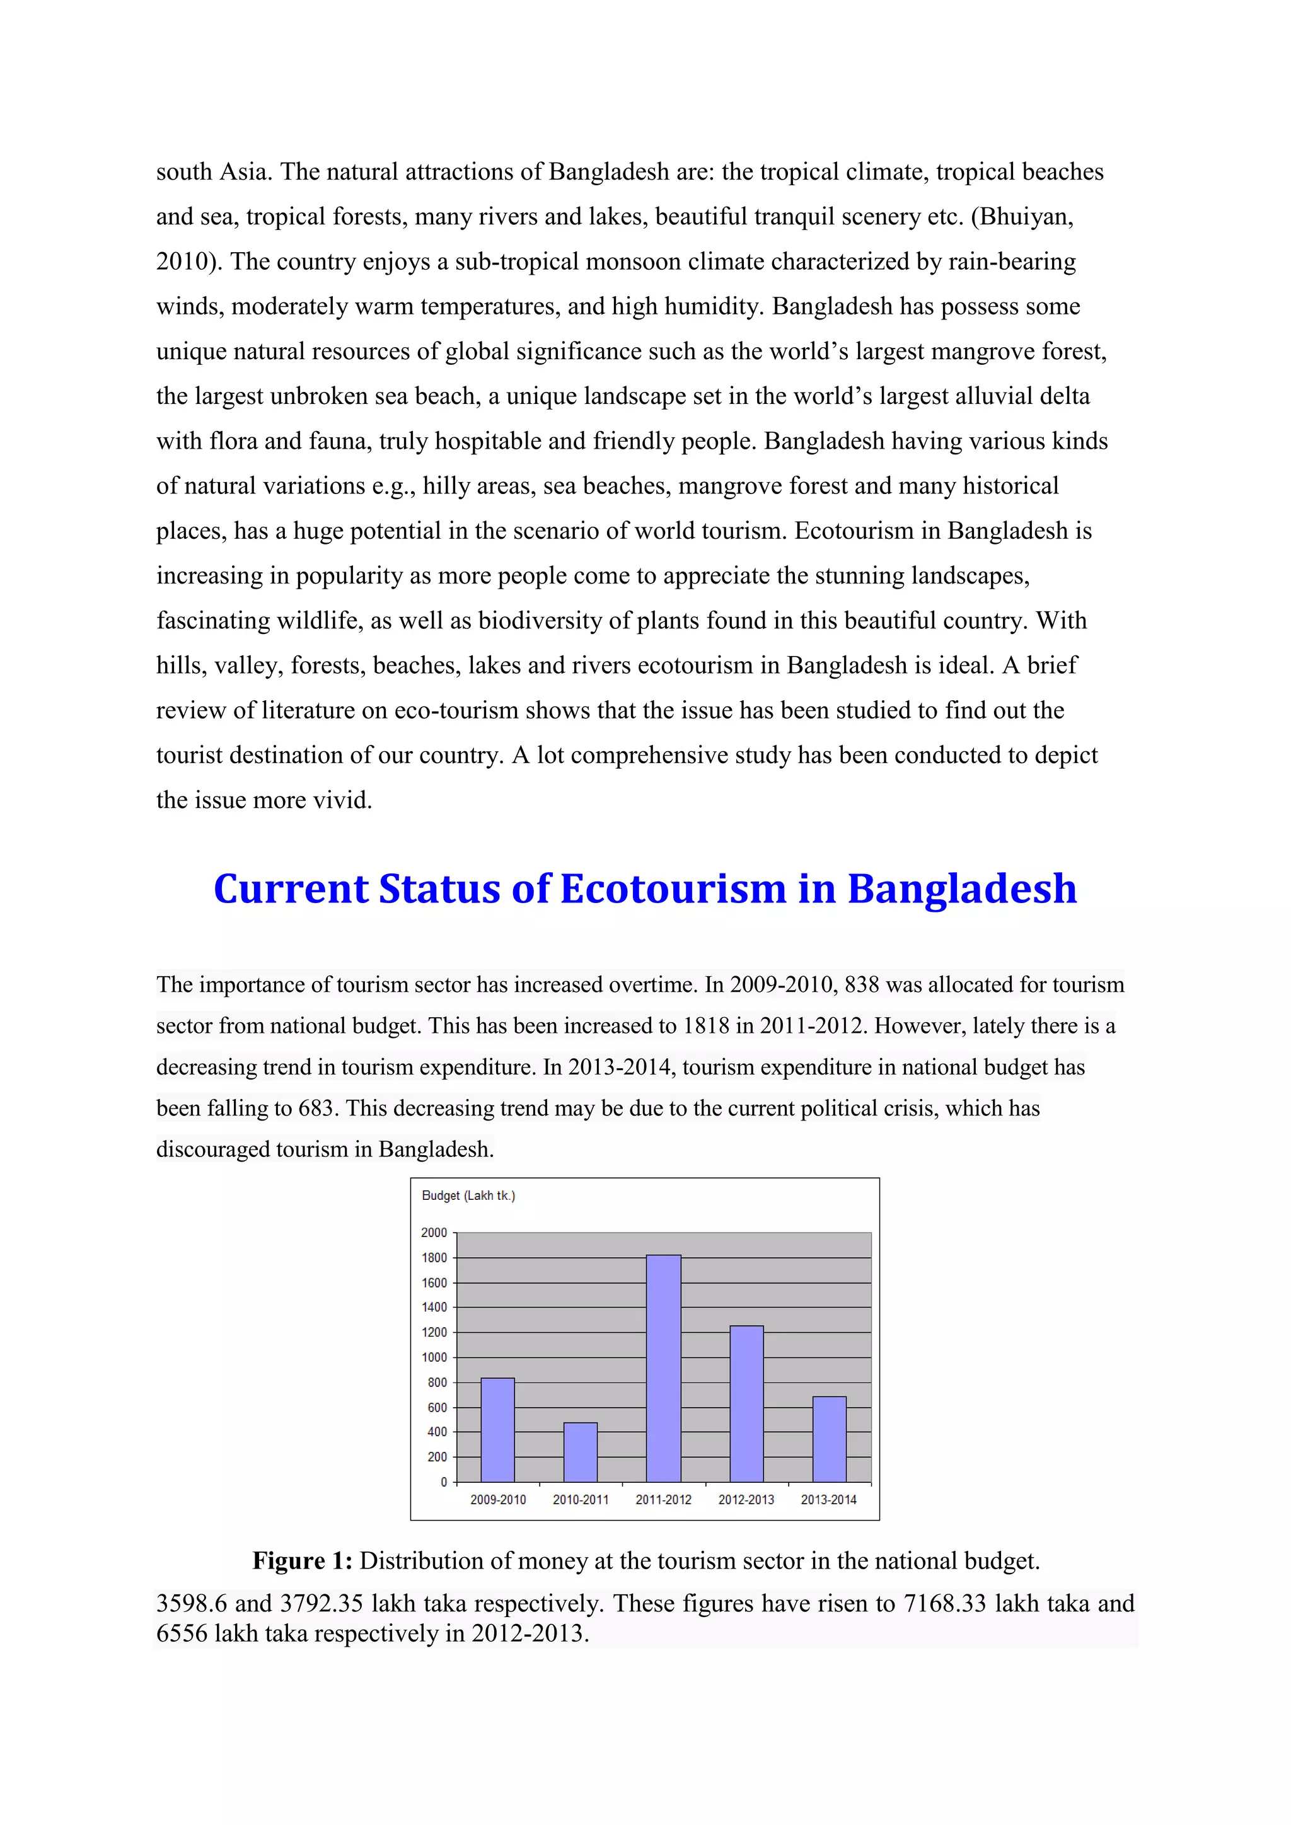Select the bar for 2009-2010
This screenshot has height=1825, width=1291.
[x=497, y=1430]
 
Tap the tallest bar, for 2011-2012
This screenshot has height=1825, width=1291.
[x=663, y=1368]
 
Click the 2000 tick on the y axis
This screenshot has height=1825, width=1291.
[x=434, y=1233]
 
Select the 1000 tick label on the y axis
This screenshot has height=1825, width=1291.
[x=434, y=1357]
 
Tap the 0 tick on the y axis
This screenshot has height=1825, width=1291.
[x=444, y=1482]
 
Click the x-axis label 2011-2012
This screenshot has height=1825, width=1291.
[x=663, y=1500]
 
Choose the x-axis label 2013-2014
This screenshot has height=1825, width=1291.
[x=828, y=1500]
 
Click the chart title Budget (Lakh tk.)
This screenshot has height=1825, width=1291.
[x=468, y=1195]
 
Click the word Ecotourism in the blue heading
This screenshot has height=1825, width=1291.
[x=673, y=889]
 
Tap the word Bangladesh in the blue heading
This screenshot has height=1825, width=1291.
[x=961, y=889]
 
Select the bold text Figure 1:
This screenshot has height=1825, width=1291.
[x=302, y=1561]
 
